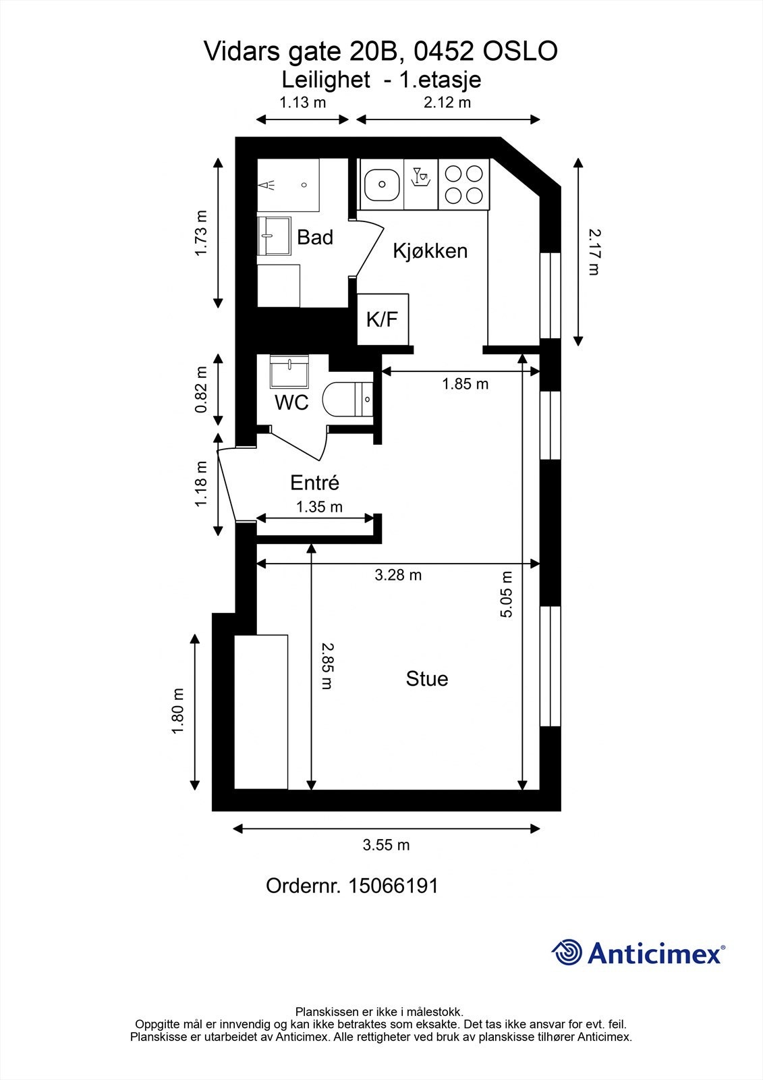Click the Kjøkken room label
pos(430,251)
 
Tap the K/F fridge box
pos(383,319)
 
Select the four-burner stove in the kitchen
pos(464,184)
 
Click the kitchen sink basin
pos(381,184)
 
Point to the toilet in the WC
pos(347,400)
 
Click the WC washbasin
pos(289,371)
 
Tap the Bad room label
pos(315,238)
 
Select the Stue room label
pos(426,678)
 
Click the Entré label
pos(314,483)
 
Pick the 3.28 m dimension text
pos(398,575)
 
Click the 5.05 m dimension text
pos(507,594)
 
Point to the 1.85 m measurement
pos(465,384)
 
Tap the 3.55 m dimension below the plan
pos(386,845)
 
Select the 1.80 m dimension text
pos(179,712)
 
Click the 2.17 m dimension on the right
pos(593,251)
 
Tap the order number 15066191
pos(392,886)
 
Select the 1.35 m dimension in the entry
pos(319,506)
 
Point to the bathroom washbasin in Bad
pos(274,236)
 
